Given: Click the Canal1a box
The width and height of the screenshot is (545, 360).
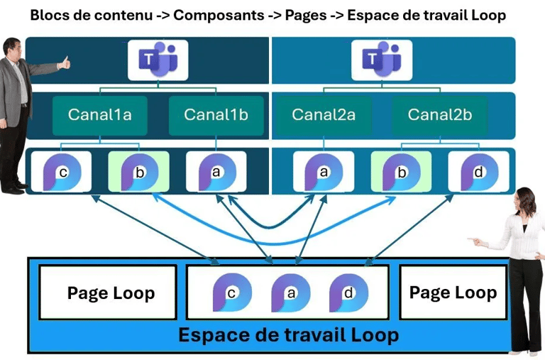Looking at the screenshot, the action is click(x=100, y=116).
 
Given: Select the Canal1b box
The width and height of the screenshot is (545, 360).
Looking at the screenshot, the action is click(x=216, y=116).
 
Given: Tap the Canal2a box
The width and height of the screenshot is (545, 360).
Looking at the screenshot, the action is click(x=324, y=116).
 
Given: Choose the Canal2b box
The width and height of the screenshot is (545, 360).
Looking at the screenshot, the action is click(x=440, y=116).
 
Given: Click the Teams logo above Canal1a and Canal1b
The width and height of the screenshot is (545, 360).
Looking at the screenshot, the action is click(x=158, y=60).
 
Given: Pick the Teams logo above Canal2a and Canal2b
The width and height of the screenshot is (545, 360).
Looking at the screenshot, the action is click(x=382, y=60).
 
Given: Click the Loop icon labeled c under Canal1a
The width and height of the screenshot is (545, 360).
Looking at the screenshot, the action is click(x=62, y=171).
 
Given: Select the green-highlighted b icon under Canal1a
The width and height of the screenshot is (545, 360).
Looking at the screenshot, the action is click(x=139, y=171).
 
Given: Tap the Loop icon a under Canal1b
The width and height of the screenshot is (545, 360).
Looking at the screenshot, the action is click(x=216, y=171).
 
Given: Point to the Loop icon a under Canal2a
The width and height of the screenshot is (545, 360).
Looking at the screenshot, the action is click(x=324, y=171).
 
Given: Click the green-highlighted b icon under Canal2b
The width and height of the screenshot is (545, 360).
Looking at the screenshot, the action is click(x=401, y=171).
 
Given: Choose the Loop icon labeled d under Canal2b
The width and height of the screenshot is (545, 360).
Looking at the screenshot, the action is click(x=478, y=171).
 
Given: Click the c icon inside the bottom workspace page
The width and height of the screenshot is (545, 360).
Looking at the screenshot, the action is click(x=232, y=292).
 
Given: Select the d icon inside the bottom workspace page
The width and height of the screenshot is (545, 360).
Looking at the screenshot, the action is click(x=348, y=292).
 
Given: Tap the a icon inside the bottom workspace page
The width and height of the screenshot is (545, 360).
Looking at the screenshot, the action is click(x=290, y=292).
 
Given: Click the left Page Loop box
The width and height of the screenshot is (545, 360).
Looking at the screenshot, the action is click(x=108, y=293).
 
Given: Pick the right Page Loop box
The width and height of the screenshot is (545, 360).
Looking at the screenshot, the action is click(x=453, y=293).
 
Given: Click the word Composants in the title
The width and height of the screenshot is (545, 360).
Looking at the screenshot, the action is click(x=219, y=16).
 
